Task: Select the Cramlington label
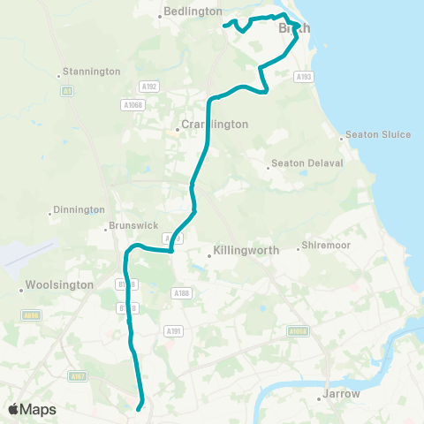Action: [x=215, y=125]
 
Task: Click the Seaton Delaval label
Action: [x=302, y=163]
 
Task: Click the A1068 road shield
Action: [x=132, y=105]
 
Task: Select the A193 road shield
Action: [x=305, y=77]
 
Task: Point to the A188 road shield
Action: [x=181, y=292]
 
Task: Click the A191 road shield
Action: [x=173, y=331]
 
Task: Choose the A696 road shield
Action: [x=30, y=314]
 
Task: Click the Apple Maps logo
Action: [x=32, y=410]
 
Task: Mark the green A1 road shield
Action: [x=66, y=91]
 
